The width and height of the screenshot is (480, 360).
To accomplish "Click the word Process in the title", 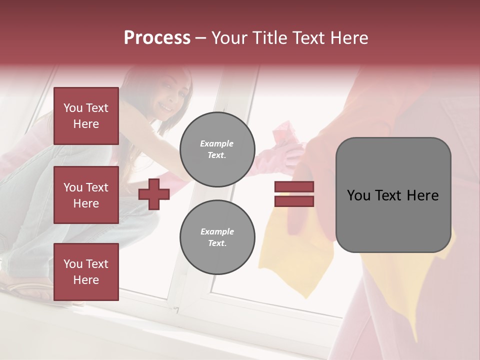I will point(157,38).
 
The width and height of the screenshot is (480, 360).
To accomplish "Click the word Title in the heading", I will point(268,38).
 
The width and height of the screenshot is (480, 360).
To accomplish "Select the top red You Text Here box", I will point(86,116).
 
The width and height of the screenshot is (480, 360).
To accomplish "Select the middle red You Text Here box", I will point(86,195).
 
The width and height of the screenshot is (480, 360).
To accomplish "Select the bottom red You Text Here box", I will point(86,271).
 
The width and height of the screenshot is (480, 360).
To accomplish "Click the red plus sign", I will point(154,194).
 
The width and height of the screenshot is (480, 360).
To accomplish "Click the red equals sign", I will point(294,194).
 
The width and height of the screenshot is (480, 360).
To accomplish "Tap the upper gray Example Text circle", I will point(217,149).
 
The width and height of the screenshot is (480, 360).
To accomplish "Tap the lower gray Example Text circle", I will point(217,237).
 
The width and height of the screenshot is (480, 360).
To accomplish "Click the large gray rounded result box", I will point(393,195).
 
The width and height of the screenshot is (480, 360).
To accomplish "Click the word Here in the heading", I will point(348,38).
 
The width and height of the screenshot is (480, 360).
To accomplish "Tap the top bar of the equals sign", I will point(294,187).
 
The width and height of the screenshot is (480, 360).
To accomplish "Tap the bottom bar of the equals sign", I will point(294,201).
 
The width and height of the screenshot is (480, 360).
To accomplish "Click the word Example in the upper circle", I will point(217,143).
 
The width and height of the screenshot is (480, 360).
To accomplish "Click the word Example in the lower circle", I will point(217,231).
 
